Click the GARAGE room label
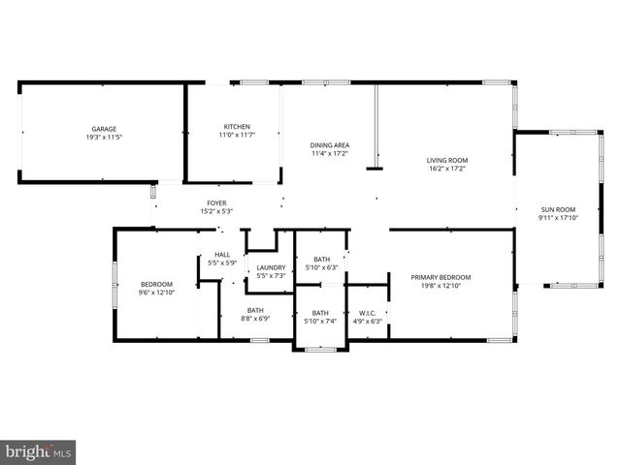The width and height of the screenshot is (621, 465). (x=104, y=129)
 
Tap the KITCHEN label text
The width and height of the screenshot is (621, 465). (x=238, y=127)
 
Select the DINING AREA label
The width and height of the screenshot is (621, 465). (x=330, y=145)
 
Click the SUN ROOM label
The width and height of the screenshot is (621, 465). (x=558, y=209)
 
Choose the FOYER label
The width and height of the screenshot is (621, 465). (x=216, y=203)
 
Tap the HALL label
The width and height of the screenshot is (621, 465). (x=222, y=255)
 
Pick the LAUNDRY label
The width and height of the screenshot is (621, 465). (x=271, y=267)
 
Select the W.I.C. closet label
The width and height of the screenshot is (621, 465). (x=367, y=313)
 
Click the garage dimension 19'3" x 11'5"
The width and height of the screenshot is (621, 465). (x=104, y=137)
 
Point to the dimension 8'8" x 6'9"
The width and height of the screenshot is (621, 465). (x=255, y=318)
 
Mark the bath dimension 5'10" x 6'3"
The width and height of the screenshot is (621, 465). (x=322, y=267)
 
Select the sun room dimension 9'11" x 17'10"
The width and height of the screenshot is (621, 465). (x=558, y=218)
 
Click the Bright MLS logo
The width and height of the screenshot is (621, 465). (x=39, y=451)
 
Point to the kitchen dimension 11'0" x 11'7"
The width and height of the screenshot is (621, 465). (x=238, y=136)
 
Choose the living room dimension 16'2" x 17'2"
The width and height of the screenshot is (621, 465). (x=447, y=169)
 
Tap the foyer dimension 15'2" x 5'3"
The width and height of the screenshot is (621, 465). (x=216, y=211)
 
